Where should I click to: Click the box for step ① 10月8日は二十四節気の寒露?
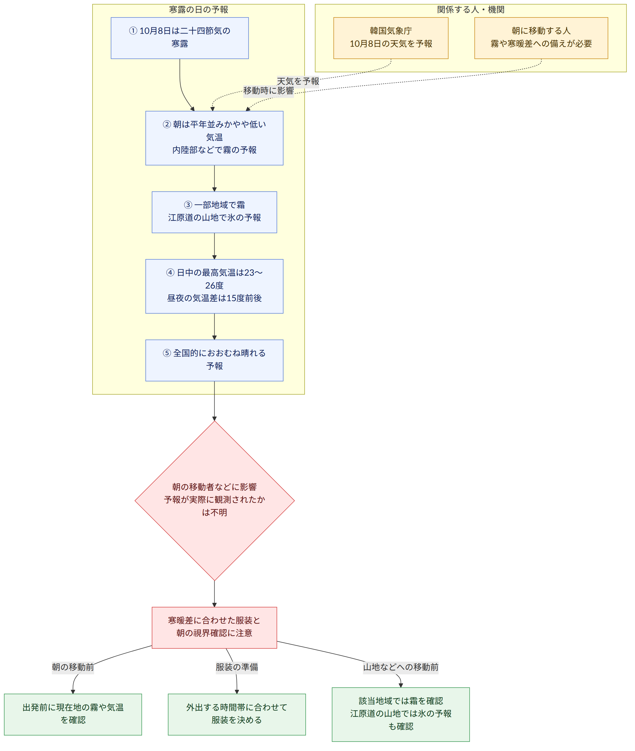click(180, 38)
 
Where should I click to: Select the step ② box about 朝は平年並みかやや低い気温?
click(214, 138)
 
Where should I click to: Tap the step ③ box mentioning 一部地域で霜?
click(214, 212)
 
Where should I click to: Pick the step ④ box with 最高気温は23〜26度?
click(214, 286)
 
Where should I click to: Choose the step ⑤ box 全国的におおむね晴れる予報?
click(214, 360)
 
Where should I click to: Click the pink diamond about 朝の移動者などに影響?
click(215, 501)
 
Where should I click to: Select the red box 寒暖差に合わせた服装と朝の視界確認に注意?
click(214, 628)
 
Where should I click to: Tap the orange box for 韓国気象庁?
click(391, 38)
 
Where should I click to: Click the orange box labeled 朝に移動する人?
click(541, 38)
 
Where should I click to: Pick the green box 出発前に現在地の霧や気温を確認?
click(73, 714)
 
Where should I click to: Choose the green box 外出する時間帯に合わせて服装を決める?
click(237, 714)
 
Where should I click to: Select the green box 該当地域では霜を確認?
click(401, 714)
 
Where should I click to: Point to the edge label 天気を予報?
click(298, 81)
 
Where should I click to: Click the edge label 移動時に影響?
click(268, 90)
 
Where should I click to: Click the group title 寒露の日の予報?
click(198, 10)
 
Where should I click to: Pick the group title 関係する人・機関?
click(471, 10)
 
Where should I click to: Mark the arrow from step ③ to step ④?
click(215, 246)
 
